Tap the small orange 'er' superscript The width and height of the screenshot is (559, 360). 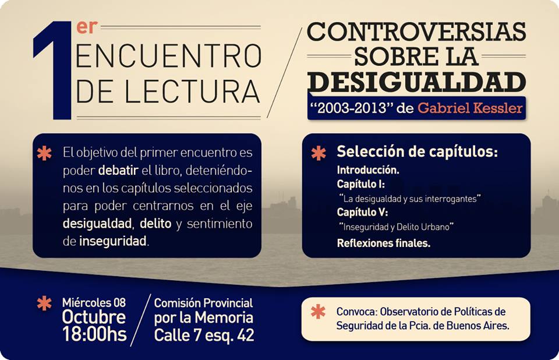point(87,27)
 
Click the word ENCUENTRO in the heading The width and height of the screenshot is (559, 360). point(168,56)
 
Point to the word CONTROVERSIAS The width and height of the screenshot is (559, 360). point(416,32)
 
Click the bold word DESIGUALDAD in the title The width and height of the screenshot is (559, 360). point(416,82)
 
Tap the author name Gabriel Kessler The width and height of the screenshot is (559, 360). point(470,108)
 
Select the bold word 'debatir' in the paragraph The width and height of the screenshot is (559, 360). point(118,170)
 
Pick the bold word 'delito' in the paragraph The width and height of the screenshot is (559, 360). point(155,224)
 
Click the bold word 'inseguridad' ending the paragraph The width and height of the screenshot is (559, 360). point(112,242)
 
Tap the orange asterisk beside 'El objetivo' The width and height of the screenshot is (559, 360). point(44,153)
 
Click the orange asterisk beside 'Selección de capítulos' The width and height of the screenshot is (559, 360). point(319,153)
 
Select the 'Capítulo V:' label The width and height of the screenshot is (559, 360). point(362,212)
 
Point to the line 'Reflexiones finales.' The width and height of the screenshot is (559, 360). point(384,243)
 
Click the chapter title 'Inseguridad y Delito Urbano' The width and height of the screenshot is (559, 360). point(396,227)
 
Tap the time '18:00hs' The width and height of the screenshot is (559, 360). point(94,334)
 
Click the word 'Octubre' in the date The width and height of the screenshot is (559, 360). point(94,317)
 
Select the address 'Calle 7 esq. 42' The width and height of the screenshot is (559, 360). point(204,335)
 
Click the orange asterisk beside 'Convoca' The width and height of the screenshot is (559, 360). point(318,312)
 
